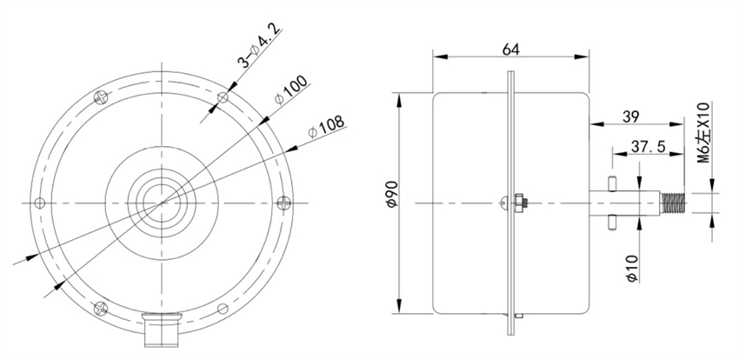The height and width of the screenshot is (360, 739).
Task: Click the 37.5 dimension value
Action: [x=648, y=148]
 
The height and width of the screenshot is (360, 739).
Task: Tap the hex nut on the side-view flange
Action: [x=519, y=203]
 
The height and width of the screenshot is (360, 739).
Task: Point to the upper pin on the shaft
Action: [x=612, y=184]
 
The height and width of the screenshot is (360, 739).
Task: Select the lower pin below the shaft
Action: [x=612, y=222]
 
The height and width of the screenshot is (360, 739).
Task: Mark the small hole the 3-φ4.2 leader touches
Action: [x=223, y=97]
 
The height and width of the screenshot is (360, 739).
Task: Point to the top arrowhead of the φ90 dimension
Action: [x=398, y=96]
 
